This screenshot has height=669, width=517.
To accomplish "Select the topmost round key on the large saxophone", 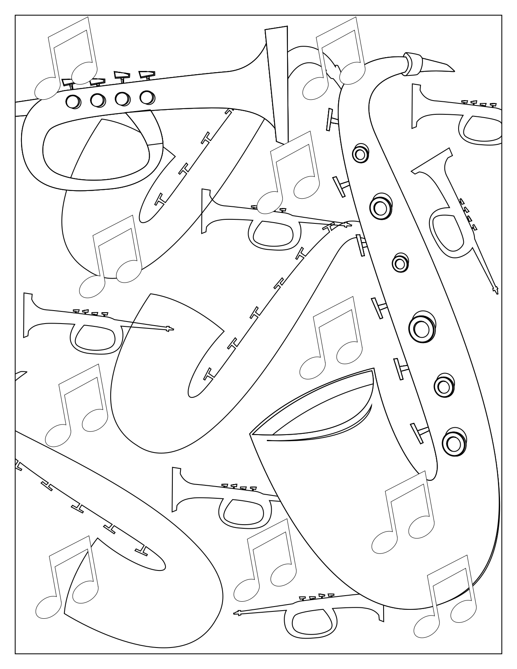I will click(359, 154).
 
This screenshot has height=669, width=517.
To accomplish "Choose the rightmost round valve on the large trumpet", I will click(147, 97).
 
